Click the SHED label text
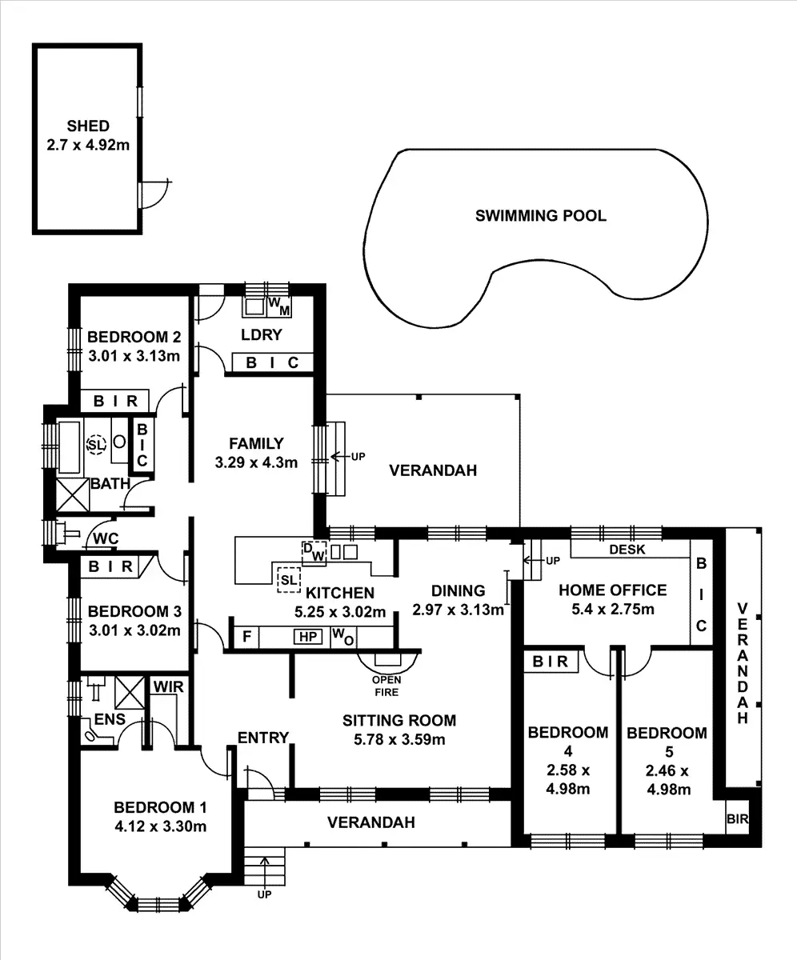tap(88, 126)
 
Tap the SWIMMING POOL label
tap(541, 215)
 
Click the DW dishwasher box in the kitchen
tap(313, 552)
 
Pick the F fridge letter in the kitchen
tap(246, 637)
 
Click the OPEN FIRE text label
tap(386, 687)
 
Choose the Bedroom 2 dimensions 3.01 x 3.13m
tap(133, 356)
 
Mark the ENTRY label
tap(262, 738)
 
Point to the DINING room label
tap(459, 591)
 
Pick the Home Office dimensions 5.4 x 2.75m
tap(612, 610)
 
